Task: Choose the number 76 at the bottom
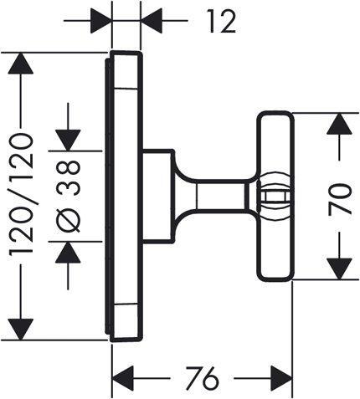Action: (x=200, y=377)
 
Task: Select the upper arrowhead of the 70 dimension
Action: (x=338, y=123)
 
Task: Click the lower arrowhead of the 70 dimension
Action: (x=338, y=269)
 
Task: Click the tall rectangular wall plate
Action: (x=126, y=197)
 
